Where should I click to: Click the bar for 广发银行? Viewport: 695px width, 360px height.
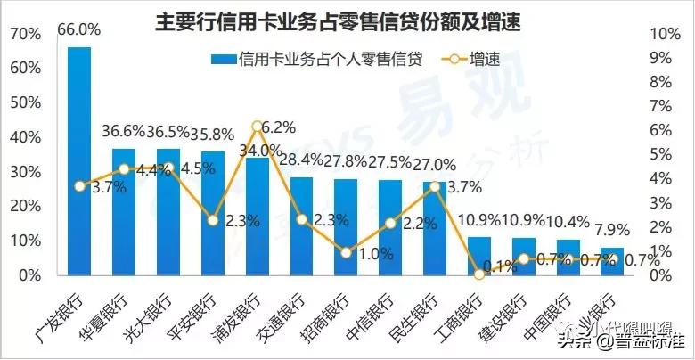(79, 160)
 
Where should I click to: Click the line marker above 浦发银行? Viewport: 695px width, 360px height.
(257, 126)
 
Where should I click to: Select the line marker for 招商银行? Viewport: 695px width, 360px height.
(346, 252)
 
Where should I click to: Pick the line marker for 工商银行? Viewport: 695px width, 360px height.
(479, 274)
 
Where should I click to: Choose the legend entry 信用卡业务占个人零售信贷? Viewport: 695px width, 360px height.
(316, 60)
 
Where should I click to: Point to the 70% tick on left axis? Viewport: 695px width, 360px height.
(25, 34)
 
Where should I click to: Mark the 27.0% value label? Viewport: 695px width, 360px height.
(435, 165)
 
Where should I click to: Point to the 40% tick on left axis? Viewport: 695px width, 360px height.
(25, 137)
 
